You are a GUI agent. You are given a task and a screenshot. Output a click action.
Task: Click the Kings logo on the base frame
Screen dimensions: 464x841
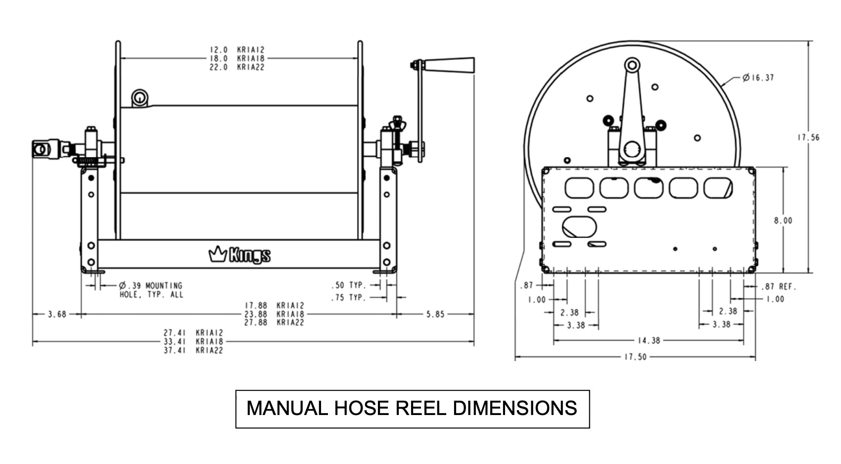239,255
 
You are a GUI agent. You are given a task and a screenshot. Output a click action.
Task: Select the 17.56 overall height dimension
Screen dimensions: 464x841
808,138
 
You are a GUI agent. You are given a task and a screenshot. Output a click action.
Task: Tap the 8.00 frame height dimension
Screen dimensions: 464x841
783,221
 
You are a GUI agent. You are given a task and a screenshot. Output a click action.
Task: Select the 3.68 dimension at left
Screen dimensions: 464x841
57,314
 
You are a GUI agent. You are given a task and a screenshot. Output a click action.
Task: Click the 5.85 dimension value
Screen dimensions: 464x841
435,314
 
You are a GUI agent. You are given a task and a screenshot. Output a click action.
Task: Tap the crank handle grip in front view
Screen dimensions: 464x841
450,65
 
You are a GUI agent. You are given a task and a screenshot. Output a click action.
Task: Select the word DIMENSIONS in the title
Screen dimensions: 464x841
514,409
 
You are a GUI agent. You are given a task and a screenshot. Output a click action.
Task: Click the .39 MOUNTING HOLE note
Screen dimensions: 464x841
151,290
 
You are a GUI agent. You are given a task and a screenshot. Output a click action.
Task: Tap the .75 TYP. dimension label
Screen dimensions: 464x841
349,297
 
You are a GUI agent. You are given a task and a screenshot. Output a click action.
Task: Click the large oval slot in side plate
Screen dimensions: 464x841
579,227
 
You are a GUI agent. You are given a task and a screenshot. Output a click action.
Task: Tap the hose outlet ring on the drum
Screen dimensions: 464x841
140,97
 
